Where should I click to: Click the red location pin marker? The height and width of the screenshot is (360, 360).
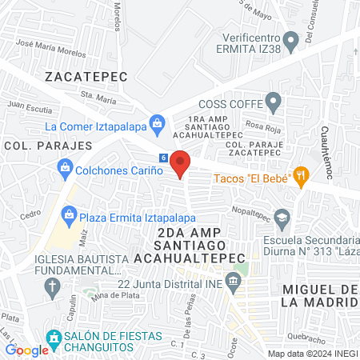pos(181,163)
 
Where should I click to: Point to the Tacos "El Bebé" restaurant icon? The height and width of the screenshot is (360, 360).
pos(301,176)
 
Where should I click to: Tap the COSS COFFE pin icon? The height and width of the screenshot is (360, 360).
pos(274,102)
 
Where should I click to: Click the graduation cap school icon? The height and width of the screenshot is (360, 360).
pos(282,218)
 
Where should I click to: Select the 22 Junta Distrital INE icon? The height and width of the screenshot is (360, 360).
pos(233,281)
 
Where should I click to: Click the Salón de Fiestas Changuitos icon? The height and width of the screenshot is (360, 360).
pos(54,337)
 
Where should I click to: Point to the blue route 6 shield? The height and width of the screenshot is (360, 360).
pos(163,158)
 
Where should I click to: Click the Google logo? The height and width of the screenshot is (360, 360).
pos(27,350)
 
